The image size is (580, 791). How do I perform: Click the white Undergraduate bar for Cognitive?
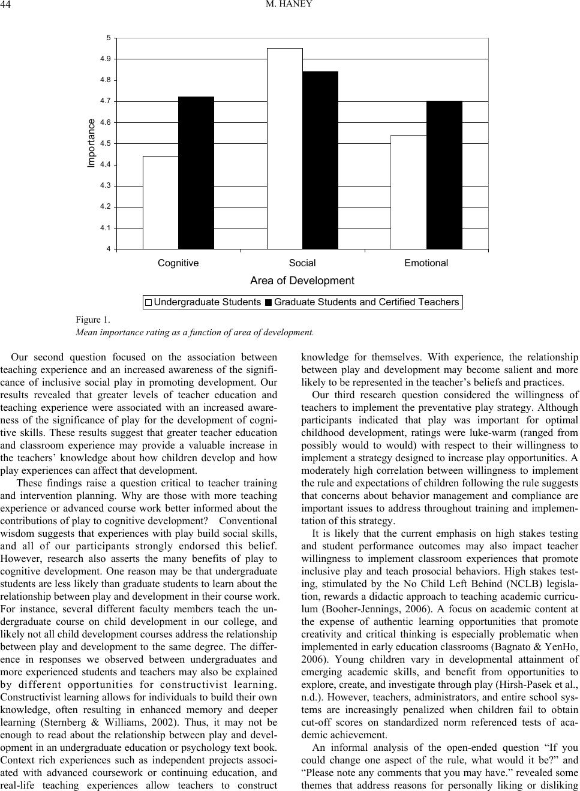coord(161,202)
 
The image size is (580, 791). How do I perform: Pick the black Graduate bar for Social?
coord(320,160)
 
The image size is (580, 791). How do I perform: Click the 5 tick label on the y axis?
coord(109,38)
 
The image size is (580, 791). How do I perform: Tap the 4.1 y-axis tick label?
coord(106,228)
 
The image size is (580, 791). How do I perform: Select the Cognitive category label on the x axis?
coord(178,263)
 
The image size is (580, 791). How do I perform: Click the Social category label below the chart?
coord(302,263)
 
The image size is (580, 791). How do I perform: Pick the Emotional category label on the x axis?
coord(426,263)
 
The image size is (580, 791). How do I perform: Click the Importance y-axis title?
coord(91,143)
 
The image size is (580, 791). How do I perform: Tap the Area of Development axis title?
coord(302,281)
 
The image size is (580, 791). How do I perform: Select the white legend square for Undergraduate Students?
coord(149,303)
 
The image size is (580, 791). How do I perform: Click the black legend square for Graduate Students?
coord(269,303)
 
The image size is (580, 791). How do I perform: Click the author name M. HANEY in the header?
coord(290,6)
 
